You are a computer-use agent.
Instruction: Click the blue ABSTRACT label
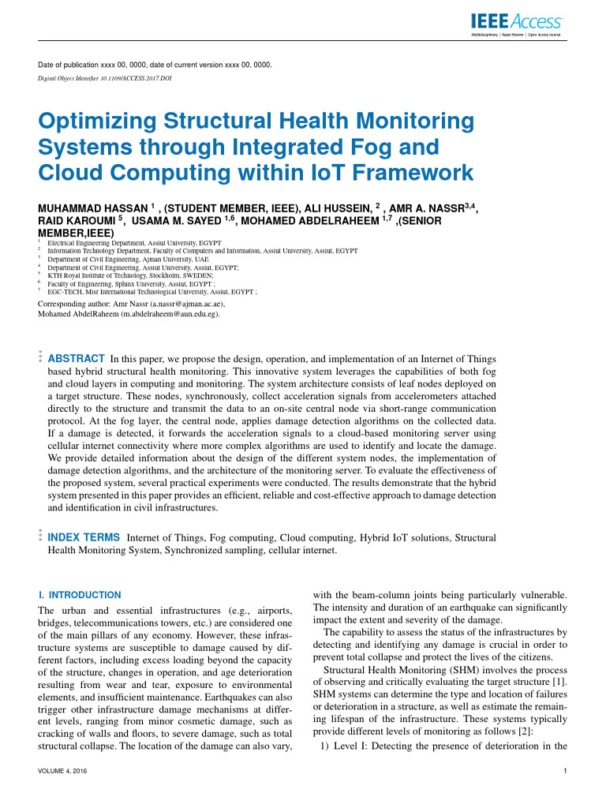(77, 357)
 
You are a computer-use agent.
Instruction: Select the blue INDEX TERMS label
(84, 537)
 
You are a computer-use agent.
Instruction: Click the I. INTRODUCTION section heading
(80, 594)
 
